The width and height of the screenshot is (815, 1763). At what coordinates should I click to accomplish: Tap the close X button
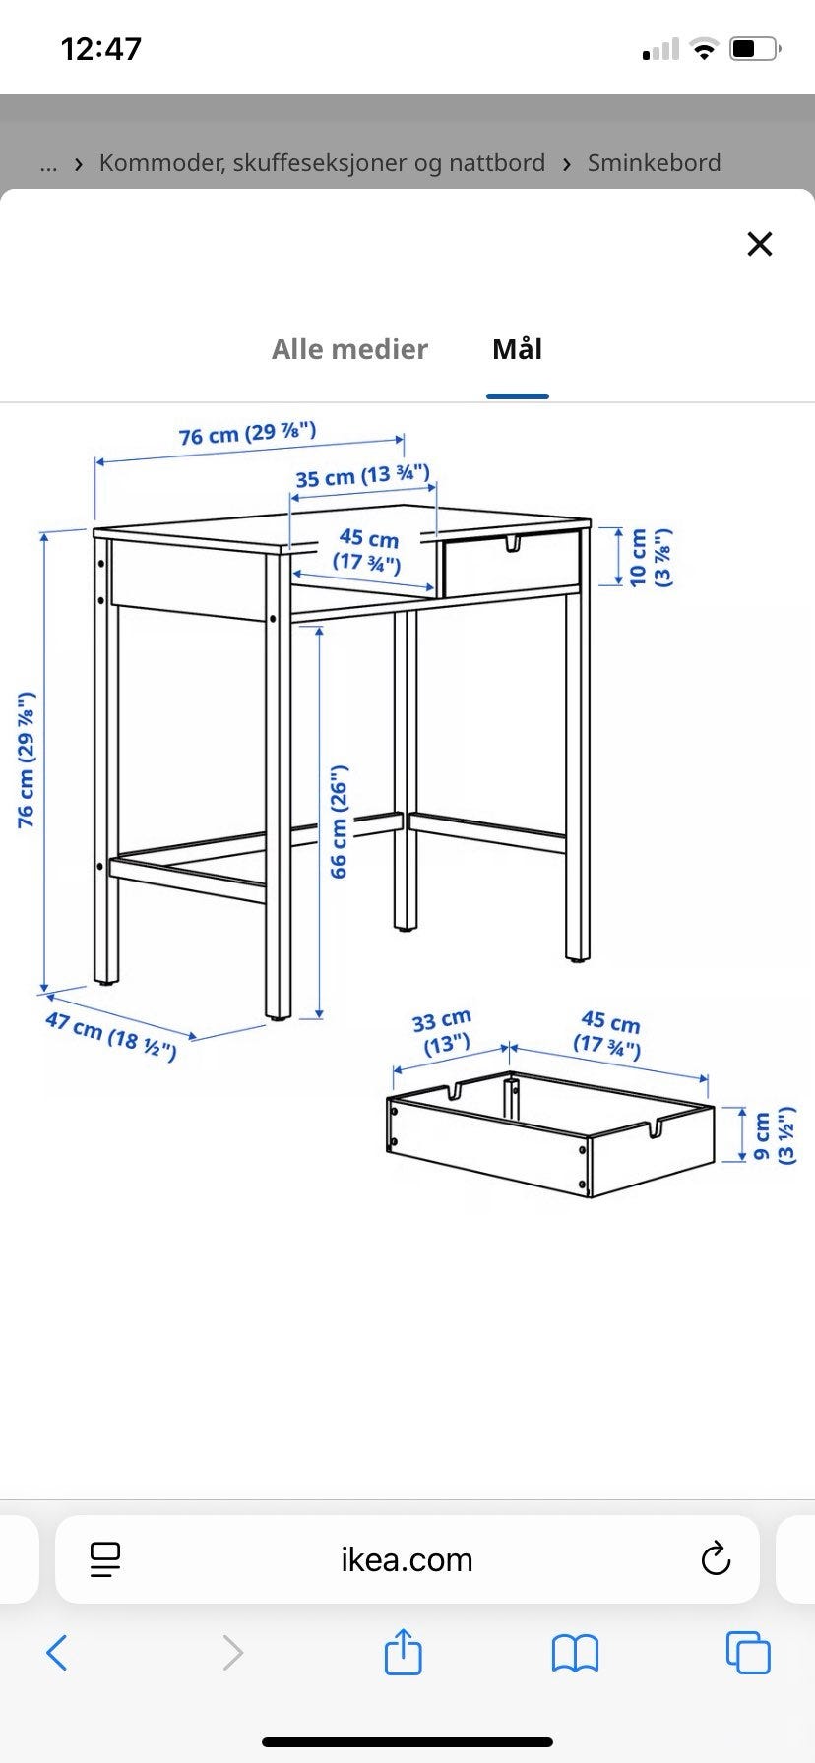tap(759, 244)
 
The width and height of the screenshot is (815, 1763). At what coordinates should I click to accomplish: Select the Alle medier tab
tap(349, 349)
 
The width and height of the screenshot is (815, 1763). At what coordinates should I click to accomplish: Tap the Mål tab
tap(517, 348)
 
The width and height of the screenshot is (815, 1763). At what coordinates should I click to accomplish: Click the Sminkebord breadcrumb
tap(654, 162)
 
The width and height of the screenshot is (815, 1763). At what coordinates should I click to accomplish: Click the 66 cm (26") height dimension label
tap(339, 821)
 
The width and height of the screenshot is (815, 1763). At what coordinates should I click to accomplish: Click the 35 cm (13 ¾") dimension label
tap(362, 476)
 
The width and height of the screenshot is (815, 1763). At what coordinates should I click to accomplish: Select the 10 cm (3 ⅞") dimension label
tap(650, 557)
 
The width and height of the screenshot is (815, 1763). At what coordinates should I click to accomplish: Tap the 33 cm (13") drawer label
tap(442, 1031)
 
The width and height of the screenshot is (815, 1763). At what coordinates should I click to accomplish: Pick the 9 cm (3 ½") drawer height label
tap(774, 1135)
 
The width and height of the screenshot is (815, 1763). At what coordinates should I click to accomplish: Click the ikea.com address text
tap(407, 1559)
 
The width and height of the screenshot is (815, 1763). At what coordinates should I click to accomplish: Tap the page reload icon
tap(716, 1558)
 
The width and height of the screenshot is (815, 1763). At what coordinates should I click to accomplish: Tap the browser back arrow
tap(57, 1653)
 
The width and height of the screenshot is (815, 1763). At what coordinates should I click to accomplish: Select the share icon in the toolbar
tap(403, 1651)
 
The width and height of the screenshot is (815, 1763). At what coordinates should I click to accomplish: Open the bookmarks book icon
tap(575, 1654)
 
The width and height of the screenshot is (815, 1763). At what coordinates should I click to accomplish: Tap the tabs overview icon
tap(748, 1653)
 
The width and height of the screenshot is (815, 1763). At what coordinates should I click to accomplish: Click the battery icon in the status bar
tap(755, 48)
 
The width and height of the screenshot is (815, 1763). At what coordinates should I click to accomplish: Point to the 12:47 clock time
tap(101, 49)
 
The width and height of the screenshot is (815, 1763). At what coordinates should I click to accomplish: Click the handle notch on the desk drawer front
tap(513, 543)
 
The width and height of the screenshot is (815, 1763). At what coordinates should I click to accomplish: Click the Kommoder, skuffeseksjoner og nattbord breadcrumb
tap(322, 162)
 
